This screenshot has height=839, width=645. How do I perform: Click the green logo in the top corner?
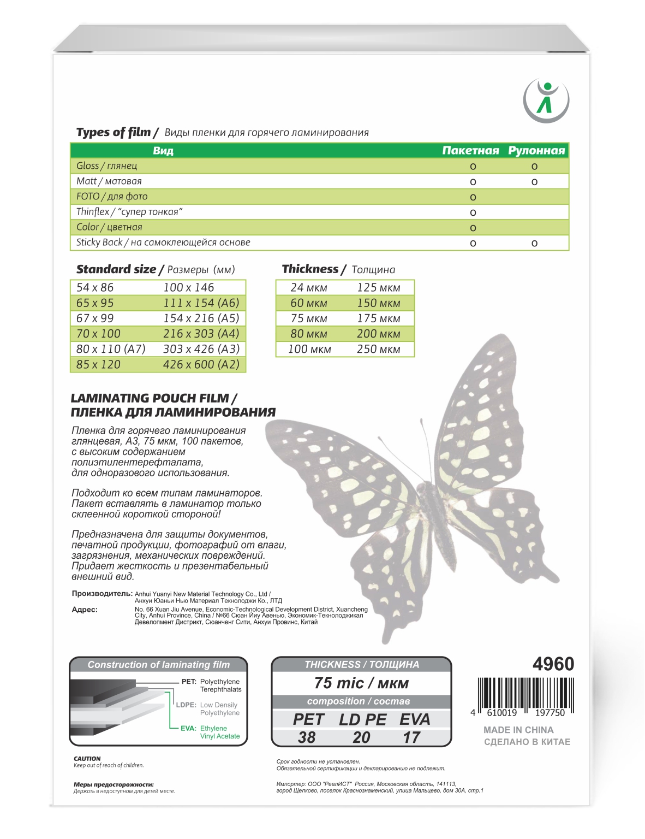[x=546, y=101]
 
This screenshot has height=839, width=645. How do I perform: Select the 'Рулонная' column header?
[x=536, y=151]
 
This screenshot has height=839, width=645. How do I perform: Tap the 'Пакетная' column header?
[x=470, y=151]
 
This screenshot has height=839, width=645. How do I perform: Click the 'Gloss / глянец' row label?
[x=107, y=166]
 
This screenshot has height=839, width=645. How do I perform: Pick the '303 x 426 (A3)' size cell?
[x=201, y=349]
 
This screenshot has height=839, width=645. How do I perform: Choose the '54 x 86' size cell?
[x=95, y=287]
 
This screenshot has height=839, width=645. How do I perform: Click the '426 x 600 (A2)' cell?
[x=201, y=364]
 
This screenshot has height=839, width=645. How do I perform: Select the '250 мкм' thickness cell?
[x=378, y=349]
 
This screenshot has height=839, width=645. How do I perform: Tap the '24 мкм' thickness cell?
[x=309, y=287]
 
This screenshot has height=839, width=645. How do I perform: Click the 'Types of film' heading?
[x=114, y=132]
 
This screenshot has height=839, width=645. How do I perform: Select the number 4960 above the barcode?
[x=553, y=664]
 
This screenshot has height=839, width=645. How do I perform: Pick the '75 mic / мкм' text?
[x=361, y=683]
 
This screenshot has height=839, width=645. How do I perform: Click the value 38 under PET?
[x=307, y=737]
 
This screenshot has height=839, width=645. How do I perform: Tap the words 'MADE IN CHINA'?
[x=518, y=730]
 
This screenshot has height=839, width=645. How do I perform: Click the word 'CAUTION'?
[x=87, y=759]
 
